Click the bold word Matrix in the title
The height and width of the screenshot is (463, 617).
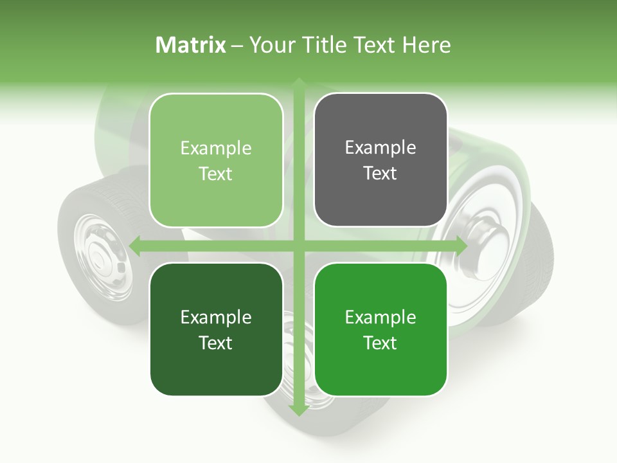[191, 45]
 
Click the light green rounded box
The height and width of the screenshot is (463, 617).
[216, 160]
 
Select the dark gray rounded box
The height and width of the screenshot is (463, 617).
[380, 160]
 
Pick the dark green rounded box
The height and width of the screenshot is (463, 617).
[216, 329]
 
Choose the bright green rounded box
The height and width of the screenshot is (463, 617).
[380, 329]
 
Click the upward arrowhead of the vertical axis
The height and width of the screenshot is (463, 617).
[298, 82]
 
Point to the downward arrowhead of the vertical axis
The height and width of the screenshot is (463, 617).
[298, 410]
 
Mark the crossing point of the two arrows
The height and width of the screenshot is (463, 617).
[298, 245]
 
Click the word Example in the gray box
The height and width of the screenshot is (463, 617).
[380, 147]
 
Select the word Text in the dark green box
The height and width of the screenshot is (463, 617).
[216, 343]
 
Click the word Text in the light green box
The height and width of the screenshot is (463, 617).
[216, 174]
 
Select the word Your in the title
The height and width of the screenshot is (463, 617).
[267, 45]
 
